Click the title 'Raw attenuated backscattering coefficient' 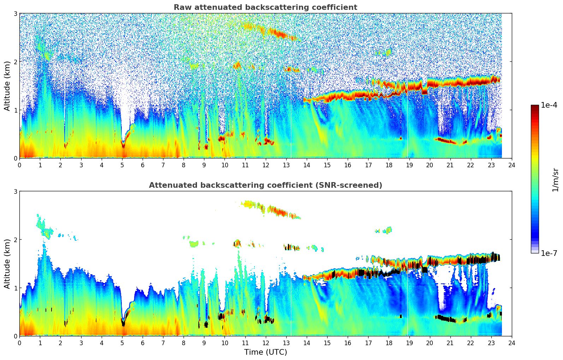tap(265, 7)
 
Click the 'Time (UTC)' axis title tap(265, 352)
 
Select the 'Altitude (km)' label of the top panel tap(7, 86)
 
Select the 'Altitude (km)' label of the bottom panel tap(7, 264)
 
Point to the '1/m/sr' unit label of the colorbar tap(555, 180)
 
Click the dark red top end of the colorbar tap(535, 106)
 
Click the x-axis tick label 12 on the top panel tap(265, 165)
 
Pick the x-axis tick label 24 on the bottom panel tap(512, 343)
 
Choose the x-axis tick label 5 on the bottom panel tap(122, 343)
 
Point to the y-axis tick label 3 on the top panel tap(15, 13)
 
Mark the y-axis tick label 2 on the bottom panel tap(15, 240)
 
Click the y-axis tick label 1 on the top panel tap(15, 110)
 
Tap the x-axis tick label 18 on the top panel tap(389, 165)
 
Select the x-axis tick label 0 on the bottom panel tap(19, 343)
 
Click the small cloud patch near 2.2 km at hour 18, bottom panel tap(388, 230)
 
